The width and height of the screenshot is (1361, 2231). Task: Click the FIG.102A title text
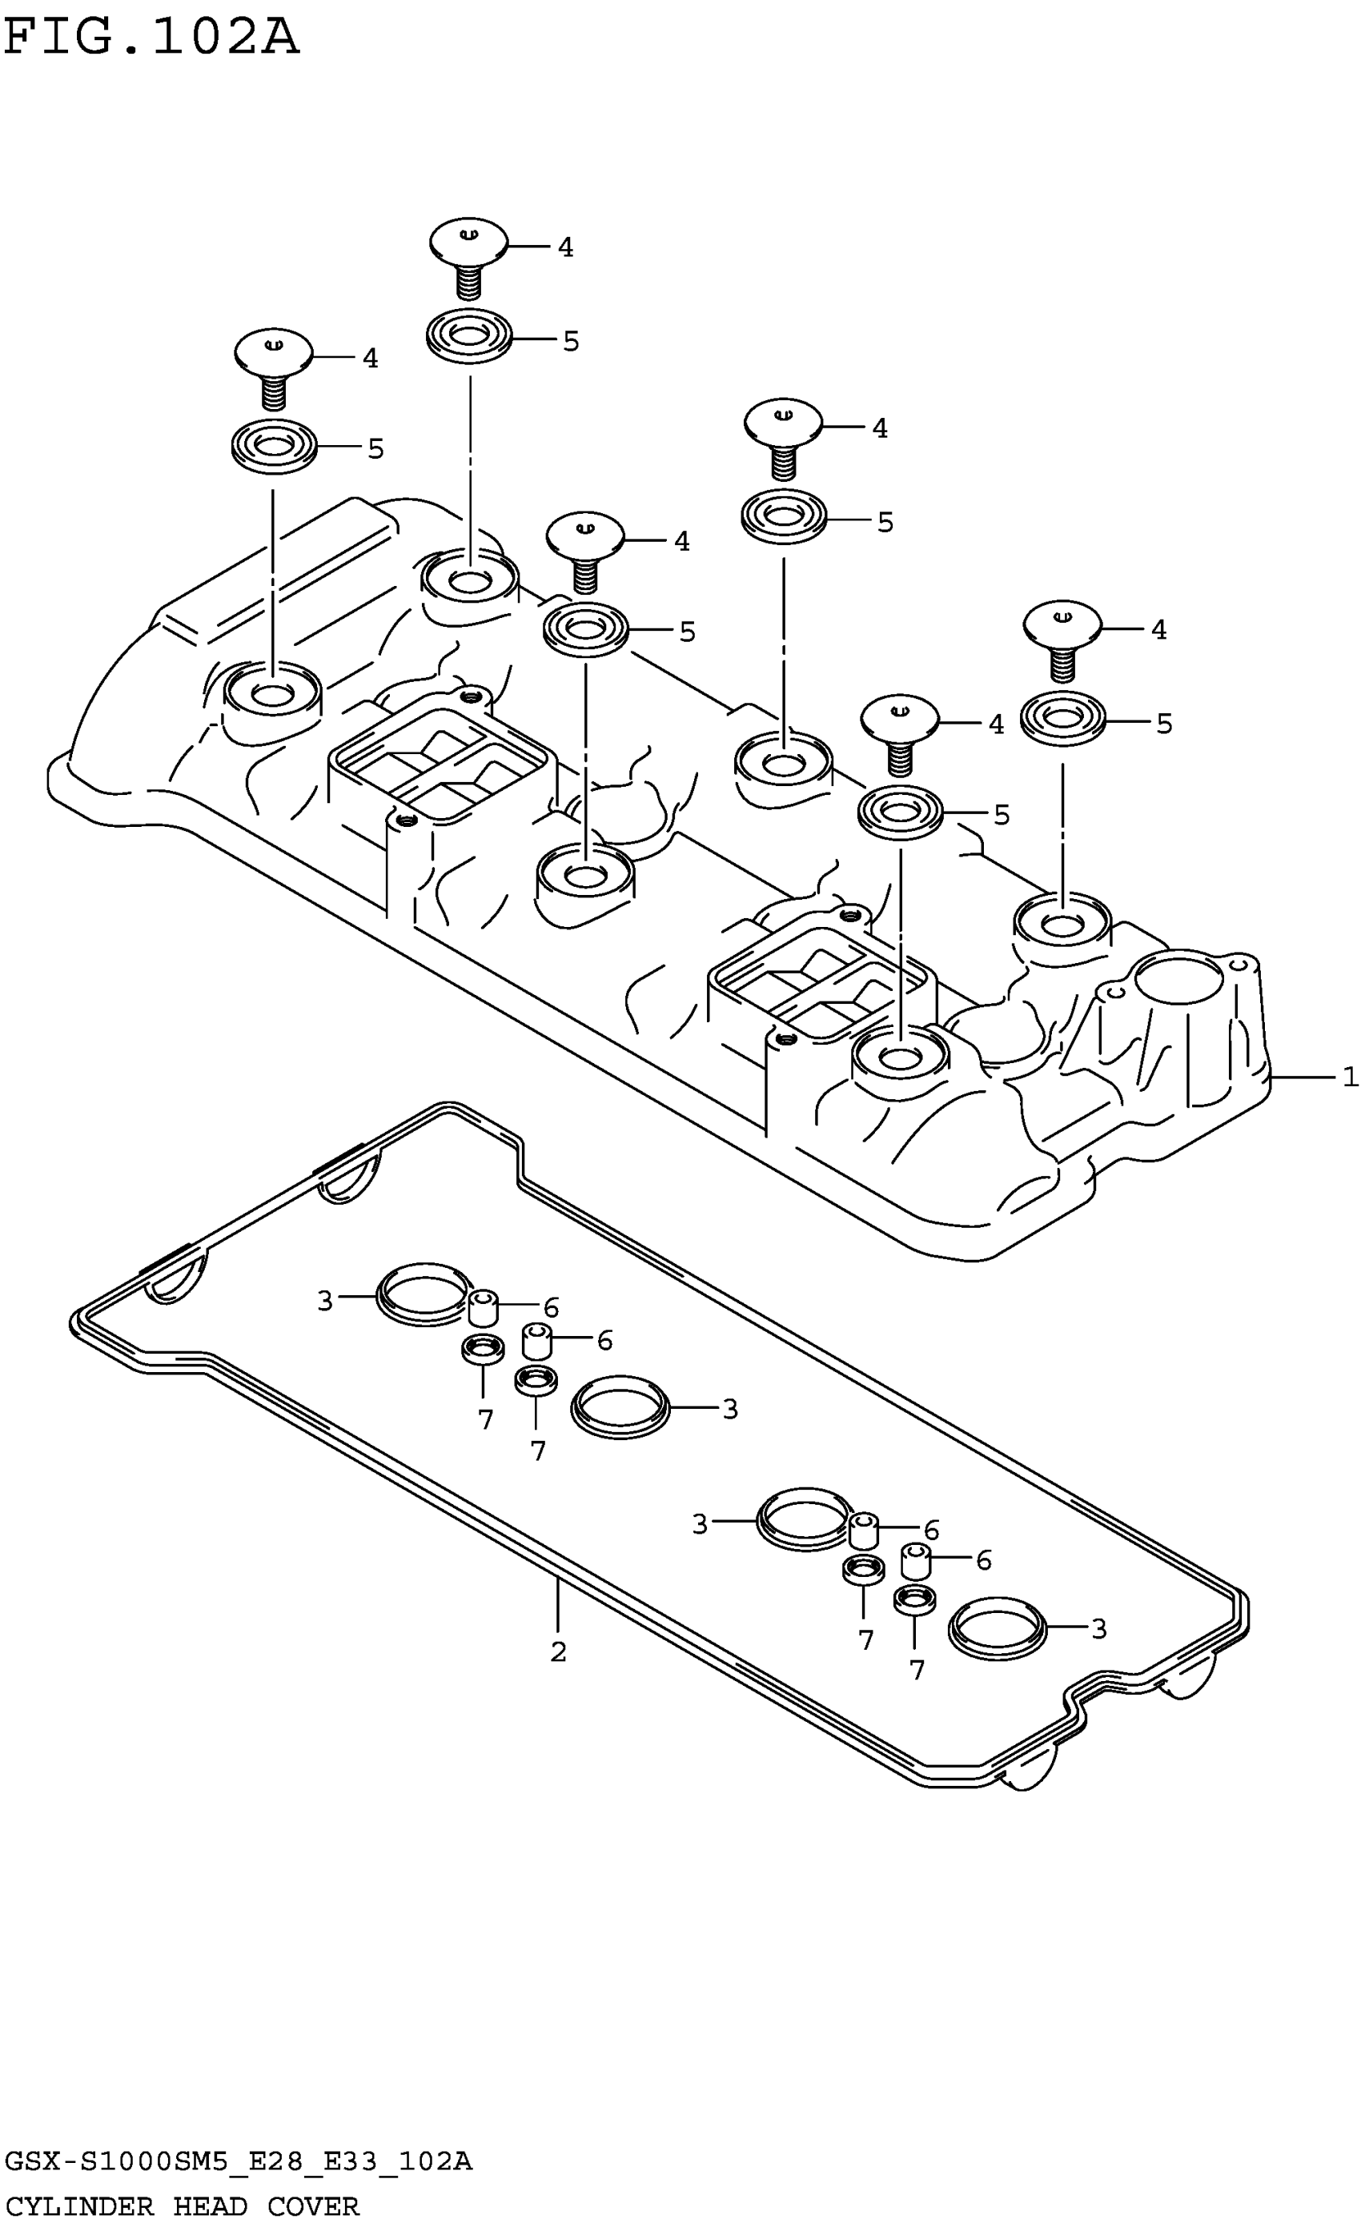point(151,38)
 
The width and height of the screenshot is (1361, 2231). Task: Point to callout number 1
point(1350,1077)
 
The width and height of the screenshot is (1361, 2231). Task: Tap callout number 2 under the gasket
point(558,1651)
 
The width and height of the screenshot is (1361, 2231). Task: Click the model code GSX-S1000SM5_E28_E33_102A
point(237,2162)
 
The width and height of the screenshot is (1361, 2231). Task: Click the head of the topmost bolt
point(468,240)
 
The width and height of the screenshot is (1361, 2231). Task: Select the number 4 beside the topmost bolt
point(565,247)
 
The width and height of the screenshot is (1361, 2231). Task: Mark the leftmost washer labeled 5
point(274,447)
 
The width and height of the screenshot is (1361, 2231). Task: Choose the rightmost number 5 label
point(1165,724)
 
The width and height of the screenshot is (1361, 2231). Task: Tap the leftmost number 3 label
point(325,1301)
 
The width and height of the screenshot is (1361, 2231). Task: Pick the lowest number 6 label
point(983,1560)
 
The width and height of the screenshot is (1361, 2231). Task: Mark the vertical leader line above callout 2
point(558,1603)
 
